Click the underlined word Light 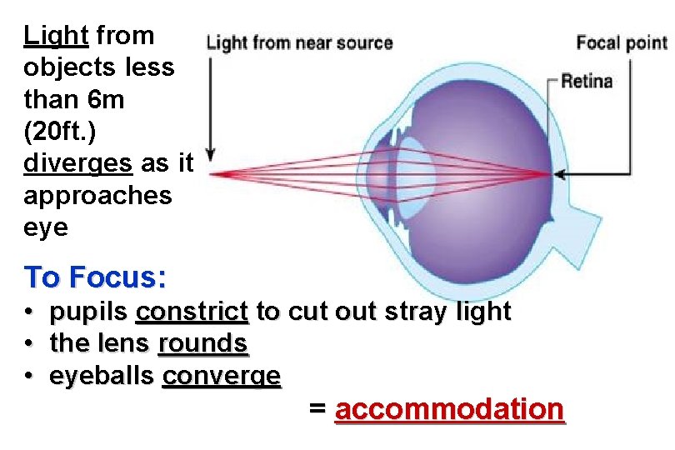(55, 36)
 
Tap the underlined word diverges (77, 163)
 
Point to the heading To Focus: (95, 276)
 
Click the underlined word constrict (192, 312)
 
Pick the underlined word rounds (202, 343)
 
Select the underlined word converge (222, 376)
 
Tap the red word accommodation (449, 409)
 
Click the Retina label (586, 82)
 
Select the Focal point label (622, 42)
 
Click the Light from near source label (299, 42)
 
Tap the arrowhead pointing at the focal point (558, 174)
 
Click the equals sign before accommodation (317, 409)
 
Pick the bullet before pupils (29, 312)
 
